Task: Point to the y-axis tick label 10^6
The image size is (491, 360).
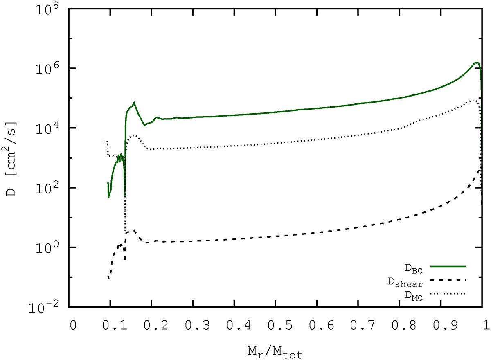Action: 51,69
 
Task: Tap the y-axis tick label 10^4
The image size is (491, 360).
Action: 51,128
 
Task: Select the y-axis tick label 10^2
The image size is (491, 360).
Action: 51,188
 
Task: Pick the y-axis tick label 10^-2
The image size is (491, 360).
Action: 49,307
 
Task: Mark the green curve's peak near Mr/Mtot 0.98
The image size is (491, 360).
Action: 476,63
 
